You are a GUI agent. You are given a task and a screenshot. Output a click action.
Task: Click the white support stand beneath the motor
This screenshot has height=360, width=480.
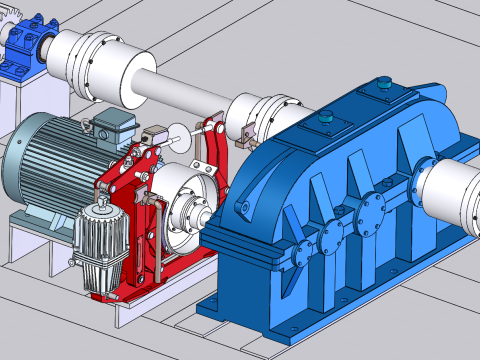(x=30, y=240)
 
